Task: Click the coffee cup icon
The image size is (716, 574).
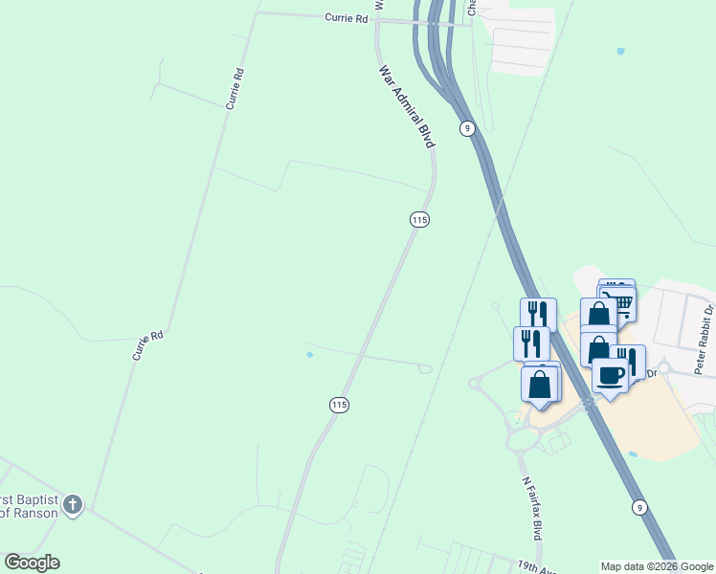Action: pos(610,375)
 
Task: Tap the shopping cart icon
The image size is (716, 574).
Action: pos(622,305)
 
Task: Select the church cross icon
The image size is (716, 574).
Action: pos(74,504)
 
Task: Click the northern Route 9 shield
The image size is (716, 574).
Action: pos(467,128)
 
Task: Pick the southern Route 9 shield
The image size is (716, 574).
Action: pos(638,506)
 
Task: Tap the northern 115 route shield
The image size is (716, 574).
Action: pos(418,220)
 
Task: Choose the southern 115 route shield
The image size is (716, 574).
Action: pos(338,405)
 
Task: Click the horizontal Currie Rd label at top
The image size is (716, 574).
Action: pos(347,17)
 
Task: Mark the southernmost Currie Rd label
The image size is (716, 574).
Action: pos(149,345)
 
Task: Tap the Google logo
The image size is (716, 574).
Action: pos(32,563)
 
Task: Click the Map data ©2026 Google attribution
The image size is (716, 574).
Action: pos(657,566)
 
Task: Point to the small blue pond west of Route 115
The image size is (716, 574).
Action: pos(308,355)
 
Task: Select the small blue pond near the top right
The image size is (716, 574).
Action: pos(622,51)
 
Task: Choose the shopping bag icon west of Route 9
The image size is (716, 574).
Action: pos(539,384)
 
